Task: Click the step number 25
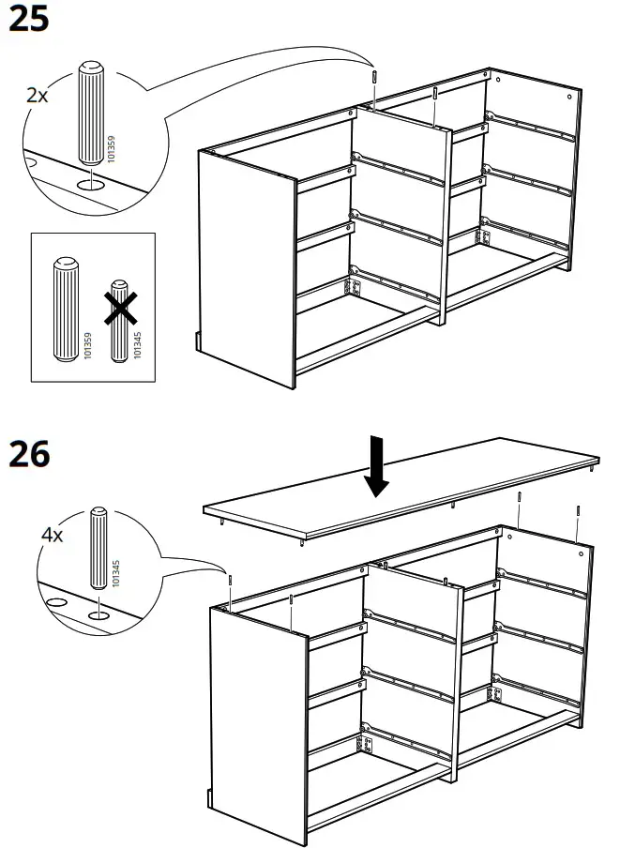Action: tap(28, 19)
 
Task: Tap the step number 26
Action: tap(28, 455)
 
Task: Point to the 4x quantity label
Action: tap(53, 536)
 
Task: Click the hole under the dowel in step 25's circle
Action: tap(91, 186)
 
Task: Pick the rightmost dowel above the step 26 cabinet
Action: tap(579, 512)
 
